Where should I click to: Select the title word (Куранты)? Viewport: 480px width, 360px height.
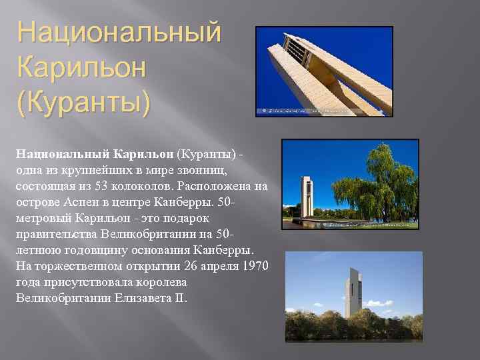tap(84, 103)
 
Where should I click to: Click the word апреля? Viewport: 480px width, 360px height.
tap(211, 267)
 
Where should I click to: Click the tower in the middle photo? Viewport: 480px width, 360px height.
tap(307, 197)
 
